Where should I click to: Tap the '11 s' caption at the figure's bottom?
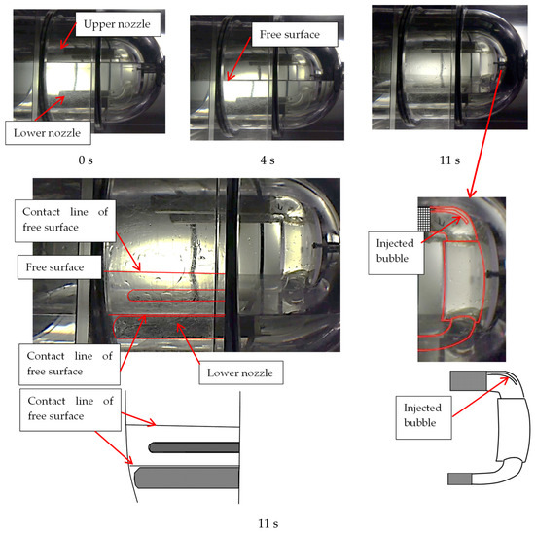tap(268, 524)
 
